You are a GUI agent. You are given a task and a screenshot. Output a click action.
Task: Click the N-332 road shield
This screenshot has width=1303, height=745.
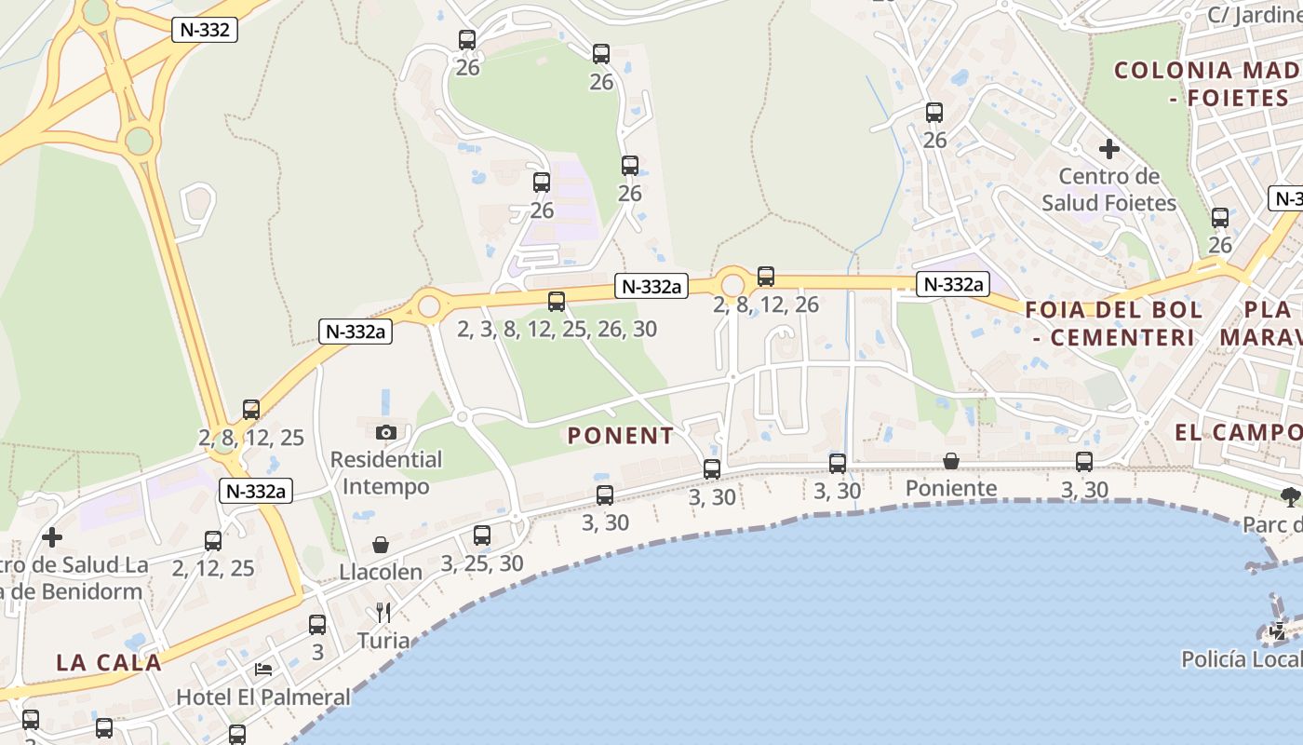pyautogui.click(x=205, y=30)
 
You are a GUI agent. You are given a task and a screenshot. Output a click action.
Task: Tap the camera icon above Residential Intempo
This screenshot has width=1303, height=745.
pyautogui.click(x=386, y=432)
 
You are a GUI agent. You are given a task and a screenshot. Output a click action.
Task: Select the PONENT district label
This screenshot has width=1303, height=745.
pyautogui.click(x=621, y=436)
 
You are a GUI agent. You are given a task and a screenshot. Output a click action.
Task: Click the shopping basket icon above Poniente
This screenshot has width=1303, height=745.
pyautogui.click(x=951, y=461)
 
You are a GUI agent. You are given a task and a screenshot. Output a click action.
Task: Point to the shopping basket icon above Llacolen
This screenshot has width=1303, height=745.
pyautogui.click(x=381, y=545)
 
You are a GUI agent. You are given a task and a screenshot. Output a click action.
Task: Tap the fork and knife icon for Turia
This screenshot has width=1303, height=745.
pyautogui.click(x=383, y=613)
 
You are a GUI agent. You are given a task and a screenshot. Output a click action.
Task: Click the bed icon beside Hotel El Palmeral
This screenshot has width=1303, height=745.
pyautogui.click(x=263, y=670)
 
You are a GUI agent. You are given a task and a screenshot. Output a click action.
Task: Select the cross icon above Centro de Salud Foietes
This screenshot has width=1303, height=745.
pyautogui.click(x=1108, y=149)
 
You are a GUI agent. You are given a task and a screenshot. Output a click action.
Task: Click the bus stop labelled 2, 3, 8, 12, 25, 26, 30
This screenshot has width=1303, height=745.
pyautogui.click(x=557, y=302)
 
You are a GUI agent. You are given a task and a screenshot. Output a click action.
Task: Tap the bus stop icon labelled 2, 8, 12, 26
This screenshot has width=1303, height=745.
pyautogui.click(x=766, y=277)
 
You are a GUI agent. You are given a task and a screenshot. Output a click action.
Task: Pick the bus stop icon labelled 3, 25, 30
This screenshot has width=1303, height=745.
pyautogui.click(x=482, y=535)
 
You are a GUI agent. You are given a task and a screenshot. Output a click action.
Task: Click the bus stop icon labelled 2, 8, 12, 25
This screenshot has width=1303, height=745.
pyautogui.click(x=251, y=410)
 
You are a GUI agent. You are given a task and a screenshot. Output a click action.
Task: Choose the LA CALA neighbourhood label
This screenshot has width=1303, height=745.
pyautogui.click(x=109, y=663)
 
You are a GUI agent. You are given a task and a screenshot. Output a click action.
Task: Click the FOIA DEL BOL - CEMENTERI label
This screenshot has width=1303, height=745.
pyautogui.click(x=1113, y=323)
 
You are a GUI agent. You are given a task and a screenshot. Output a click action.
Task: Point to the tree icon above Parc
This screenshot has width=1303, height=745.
pyautogui.click(x=1289, y=496)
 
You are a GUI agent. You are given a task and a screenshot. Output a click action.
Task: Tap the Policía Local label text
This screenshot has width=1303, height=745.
pyautogui.click(x=1242, y=659)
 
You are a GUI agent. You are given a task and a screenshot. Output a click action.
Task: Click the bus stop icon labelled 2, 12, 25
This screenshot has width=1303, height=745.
pyautogui.click(x=213, y=541)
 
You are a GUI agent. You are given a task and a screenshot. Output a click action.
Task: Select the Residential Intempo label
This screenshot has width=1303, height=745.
pyautogui.click(x=386, y=473)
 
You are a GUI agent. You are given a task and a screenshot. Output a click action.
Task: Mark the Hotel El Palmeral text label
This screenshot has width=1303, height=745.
pyautogui.click(x=263, y=697)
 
